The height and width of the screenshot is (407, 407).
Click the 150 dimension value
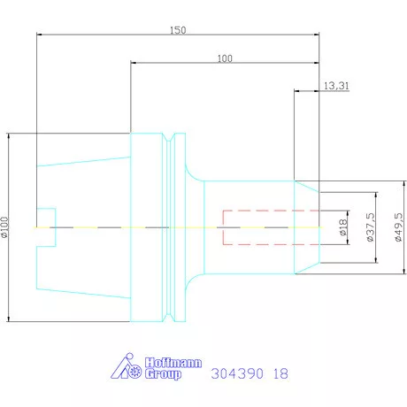pyautogui.click(x=178, y=30)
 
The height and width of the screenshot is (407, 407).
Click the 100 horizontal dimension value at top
pyautogui.click(x=224, y=58)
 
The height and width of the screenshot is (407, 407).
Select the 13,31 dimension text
pyautogui.click(x=335, y=86)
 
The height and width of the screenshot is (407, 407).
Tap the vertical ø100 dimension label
pyautogui.click(x=6, y=228)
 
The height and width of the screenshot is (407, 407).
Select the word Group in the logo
pyautogui.click(x=162, y=375)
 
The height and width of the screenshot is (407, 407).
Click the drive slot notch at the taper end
pyautogui.click(x=46, y=227)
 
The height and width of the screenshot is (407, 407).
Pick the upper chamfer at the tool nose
pyautogui.click(x=307, y=187)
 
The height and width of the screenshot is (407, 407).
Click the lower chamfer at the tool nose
pyautogui.click(x=307, y=268)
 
